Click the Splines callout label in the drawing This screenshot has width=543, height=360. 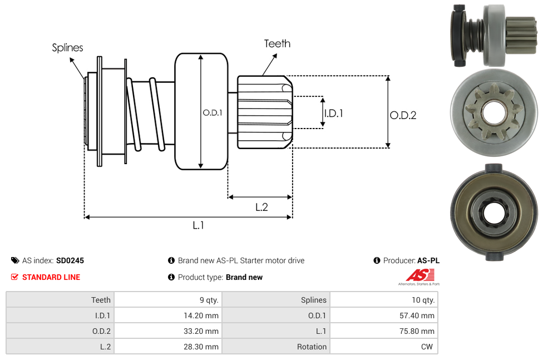click(x=67, y=48)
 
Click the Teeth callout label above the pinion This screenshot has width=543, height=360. click(x=277, y=43)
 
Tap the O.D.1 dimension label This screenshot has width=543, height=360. click(x=213, y=112)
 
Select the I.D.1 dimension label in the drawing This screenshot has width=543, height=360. click(x=333, y=113)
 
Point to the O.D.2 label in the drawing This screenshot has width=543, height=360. click(x=403, y=115)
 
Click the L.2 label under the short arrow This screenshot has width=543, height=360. click(x=261, y=207)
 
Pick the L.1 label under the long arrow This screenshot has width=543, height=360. click(x=199, y=225)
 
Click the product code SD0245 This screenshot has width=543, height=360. click(x=70, y=260)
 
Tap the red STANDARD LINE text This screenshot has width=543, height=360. click(x=51, y=277)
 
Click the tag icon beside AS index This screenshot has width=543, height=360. click(x=15, y=260)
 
